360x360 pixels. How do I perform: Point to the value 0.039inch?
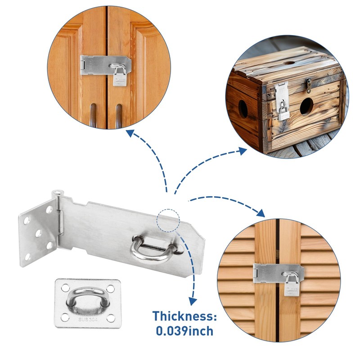(185, 332)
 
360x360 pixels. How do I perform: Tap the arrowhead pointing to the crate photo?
(243, 151)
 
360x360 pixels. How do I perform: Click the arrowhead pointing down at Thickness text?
(193, 300)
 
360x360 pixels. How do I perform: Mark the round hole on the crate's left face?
(243, 109)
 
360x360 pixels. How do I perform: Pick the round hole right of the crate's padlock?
(306, 105)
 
